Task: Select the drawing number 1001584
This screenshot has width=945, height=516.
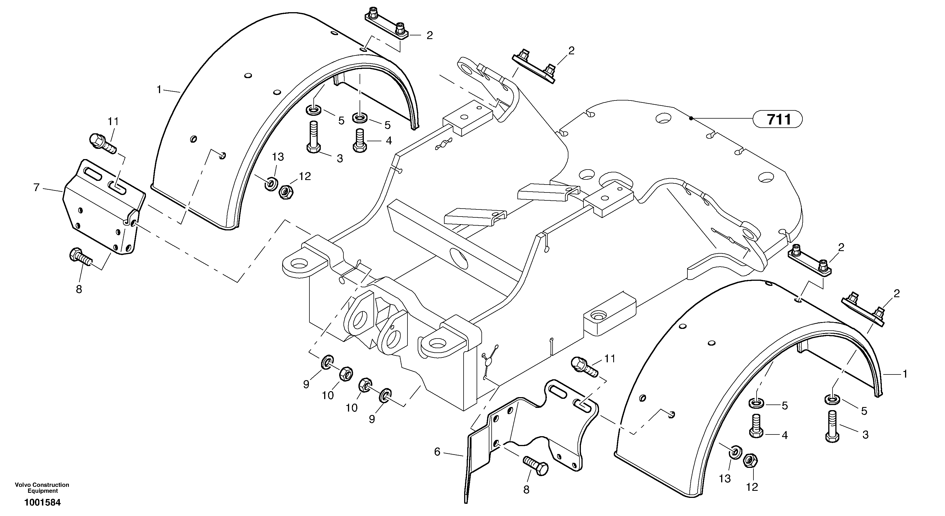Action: pos(42,502)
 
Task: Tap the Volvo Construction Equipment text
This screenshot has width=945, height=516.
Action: pos(42,488)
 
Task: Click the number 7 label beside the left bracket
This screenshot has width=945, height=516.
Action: pos(36,188)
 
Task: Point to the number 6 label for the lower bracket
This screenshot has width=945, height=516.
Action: pos(437,452)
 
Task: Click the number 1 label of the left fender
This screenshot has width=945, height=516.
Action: pos(159,89)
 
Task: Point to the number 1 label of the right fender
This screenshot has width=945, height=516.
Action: pos(905,374)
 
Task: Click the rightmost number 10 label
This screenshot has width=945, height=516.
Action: pos(351,408)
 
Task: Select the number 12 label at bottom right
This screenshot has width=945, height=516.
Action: pos(752,487)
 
